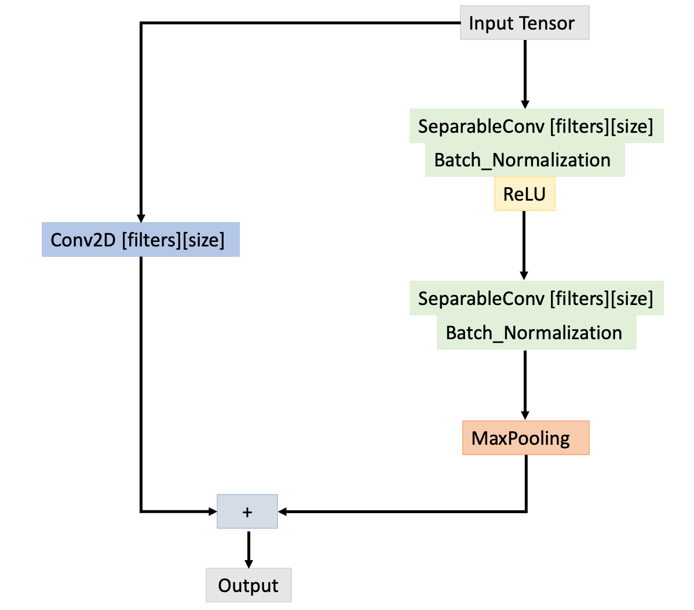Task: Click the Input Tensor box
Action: click(524, 23)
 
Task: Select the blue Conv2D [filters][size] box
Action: click(140, 239)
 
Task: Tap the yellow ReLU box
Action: click(524, 194)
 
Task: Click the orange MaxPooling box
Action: click(525, 438)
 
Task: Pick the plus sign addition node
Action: click(247, 511)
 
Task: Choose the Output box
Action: click(249, 585)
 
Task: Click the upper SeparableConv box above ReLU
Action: click(536, 126)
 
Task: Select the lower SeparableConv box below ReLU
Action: click(536, 299)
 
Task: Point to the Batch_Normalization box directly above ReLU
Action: click(524, 160)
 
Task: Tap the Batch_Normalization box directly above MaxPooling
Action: click(536, 333)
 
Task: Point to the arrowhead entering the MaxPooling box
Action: click(525, 415)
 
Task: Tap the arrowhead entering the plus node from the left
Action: click(212, 511)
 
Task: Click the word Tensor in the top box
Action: click(547, 23)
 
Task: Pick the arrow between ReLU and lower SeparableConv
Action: click(524, 244)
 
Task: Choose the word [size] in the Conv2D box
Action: click(203, 239)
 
